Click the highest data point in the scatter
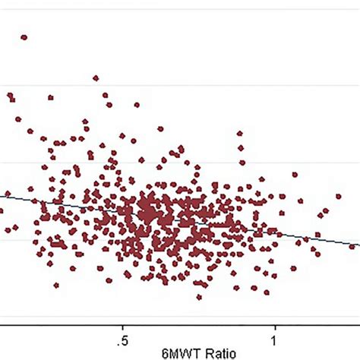coord(24,36)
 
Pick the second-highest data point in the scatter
coord(96,77)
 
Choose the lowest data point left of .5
coord(56,286)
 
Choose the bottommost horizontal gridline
coord(180,317)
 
